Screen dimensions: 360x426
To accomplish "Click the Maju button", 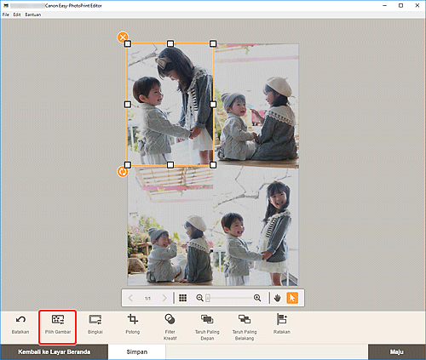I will (x=395, y=351).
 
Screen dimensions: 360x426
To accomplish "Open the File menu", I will (x=6, y=15).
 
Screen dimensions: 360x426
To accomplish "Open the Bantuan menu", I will (x=32, y=15).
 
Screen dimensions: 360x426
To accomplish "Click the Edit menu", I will (x=17, y=15).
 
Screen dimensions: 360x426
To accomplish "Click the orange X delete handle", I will (x=123, y=37).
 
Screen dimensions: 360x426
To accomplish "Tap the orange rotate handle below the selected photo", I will (x=123, y=171).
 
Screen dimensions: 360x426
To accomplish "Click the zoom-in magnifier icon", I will (x=257, y=298).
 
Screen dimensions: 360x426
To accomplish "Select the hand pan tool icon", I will (x=277, y=298).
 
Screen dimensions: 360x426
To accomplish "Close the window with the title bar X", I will (x=415, y=5).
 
